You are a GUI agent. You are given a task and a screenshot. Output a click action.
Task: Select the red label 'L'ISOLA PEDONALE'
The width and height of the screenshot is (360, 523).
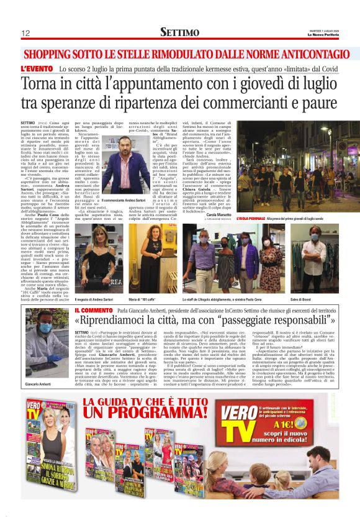coord(251,218)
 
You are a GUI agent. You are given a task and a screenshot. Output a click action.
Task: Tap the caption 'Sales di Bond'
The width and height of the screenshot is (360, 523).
coord(318,281)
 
